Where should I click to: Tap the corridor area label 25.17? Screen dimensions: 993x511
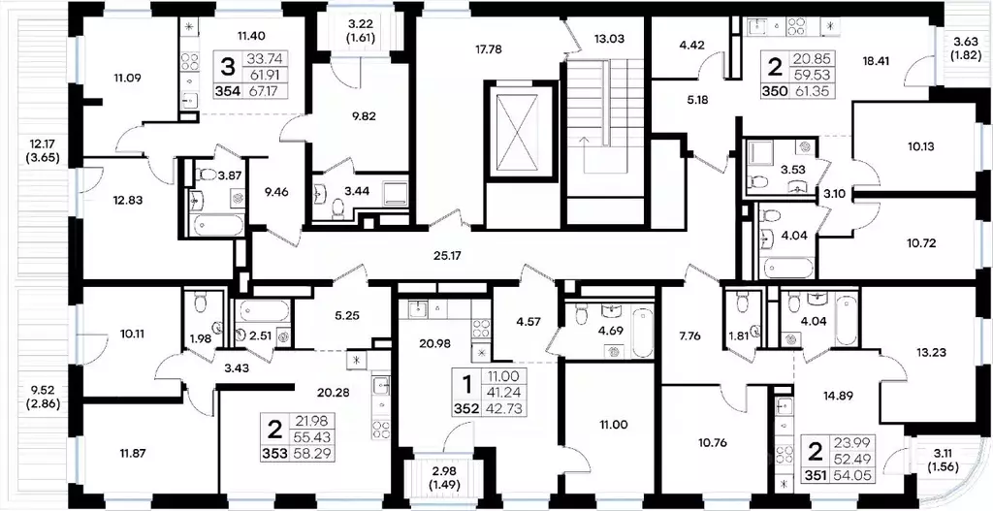coord(443,256)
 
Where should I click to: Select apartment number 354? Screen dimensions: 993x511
coord(229,90)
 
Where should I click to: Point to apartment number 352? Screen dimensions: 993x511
coord(466,409)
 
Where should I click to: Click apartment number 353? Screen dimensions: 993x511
coord(274,453)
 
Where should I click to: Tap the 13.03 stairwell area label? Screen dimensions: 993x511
coord(609,39)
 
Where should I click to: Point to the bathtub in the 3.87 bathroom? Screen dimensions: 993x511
coord(215,224)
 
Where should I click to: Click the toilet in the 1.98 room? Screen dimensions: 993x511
coord(200,303)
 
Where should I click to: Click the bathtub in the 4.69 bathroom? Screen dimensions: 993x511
coord(642,333)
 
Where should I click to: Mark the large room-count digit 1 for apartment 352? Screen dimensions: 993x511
coord(467,385)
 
